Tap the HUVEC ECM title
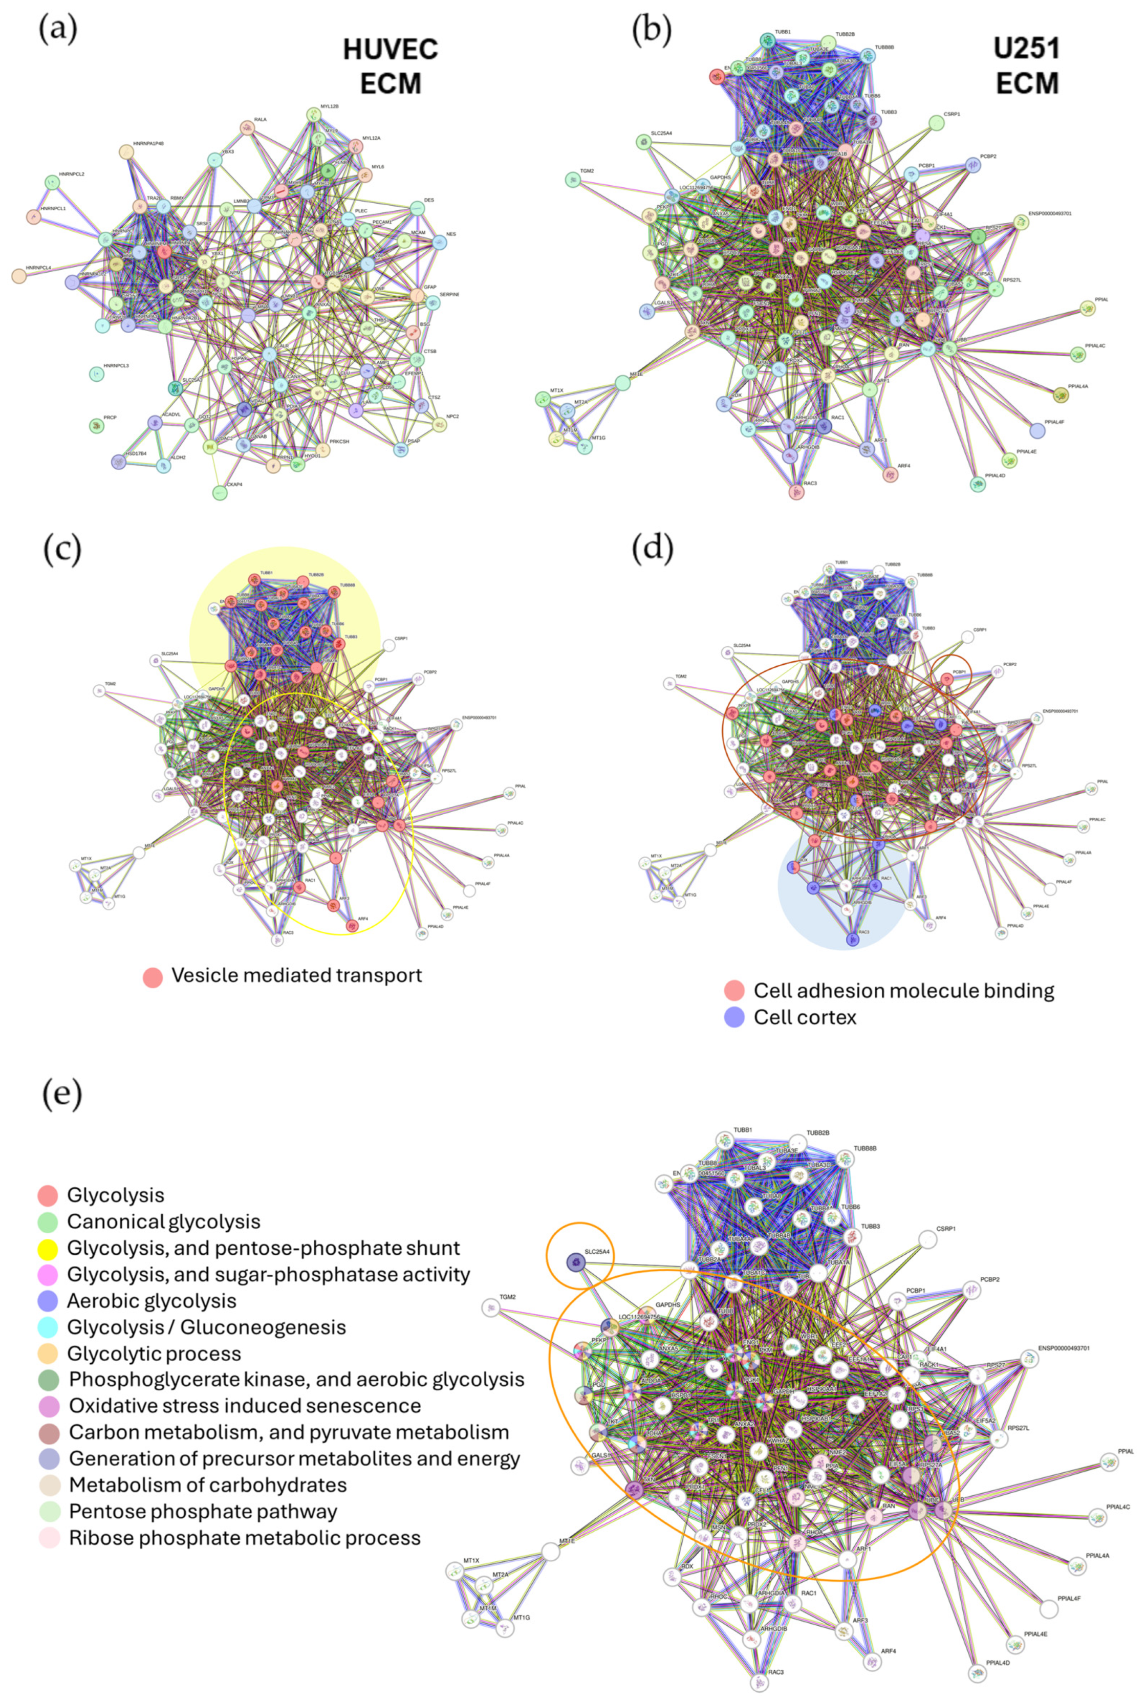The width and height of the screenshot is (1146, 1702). (x=391, y=66)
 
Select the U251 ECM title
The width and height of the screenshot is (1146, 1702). (x=1026, y=66)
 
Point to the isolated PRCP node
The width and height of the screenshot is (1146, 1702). (x=96, y=425)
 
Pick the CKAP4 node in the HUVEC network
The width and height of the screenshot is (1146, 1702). (x=219, y=493)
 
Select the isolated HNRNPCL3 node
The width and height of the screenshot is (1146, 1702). (x=96, y=374)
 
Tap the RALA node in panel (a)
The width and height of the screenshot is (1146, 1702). (x=247, y=128)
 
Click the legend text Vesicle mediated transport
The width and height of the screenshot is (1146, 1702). (x=296, y=975)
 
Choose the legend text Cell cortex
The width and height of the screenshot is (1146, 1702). (x=805, y=1017)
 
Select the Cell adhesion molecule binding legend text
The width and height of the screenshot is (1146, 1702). (x=903, y=991)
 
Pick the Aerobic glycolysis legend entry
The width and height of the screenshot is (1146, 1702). (x=152, y=1301)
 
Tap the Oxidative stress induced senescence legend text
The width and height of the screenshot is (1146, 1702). (x=244, y=1405)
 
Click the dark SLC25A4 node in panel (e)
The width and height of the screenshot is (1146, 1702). (x=576, y=1261)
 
